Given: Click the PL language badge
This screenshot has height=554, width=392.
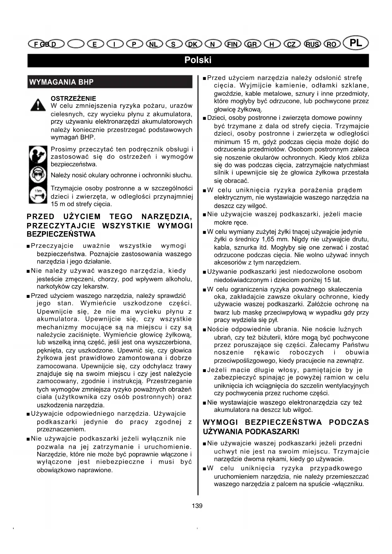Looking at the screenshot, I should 356,43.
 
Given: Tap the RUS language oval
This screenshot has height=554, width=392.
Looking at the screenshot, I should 312,44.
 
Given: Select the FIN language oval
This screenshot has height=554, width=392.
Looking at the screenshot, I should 232,44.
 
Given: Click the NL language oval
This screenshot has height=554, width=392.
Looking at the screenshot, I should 154,44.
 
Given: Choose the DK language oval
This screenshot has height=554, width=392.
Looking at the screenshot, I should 193,44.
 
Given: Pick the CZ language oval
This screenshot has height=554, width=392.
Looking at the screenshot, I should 292,44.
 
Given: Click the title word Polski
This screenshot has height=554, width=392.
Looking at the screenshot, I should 198,60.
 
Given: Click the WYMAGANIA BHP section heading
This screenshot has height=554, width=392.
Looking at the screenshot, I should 61,82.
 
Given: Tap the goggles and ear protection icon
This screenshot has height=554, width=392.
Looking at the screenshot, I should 38,175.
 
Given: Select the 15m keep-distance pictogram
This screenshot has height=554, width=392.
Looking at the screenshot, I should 38,196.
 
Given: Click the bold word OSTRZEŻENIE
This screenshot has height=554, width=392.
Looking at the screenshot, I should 73,99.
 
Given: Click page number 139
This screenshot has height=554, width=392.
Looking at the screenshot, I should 197,506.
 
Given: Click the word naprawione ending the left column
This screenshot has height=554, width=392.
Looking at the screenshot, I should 95,470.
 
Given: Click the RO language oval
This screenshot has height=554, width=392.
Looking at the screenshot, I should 331,44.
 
